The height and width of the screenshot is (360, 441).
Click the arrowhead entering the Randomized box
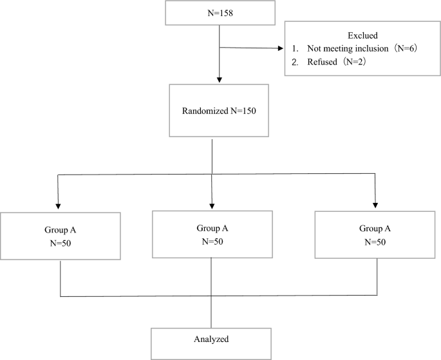click(220, 80)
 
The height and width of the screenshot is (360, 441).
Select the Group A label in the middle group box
click(212, 227)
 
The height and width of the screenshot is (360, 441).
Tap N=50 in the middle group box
click(212, 242)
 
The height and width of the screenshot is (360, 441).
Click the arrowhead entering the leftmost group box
click(59, 205)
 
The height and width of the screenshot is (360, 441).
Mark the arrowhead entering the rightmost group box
click(374, 205)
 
